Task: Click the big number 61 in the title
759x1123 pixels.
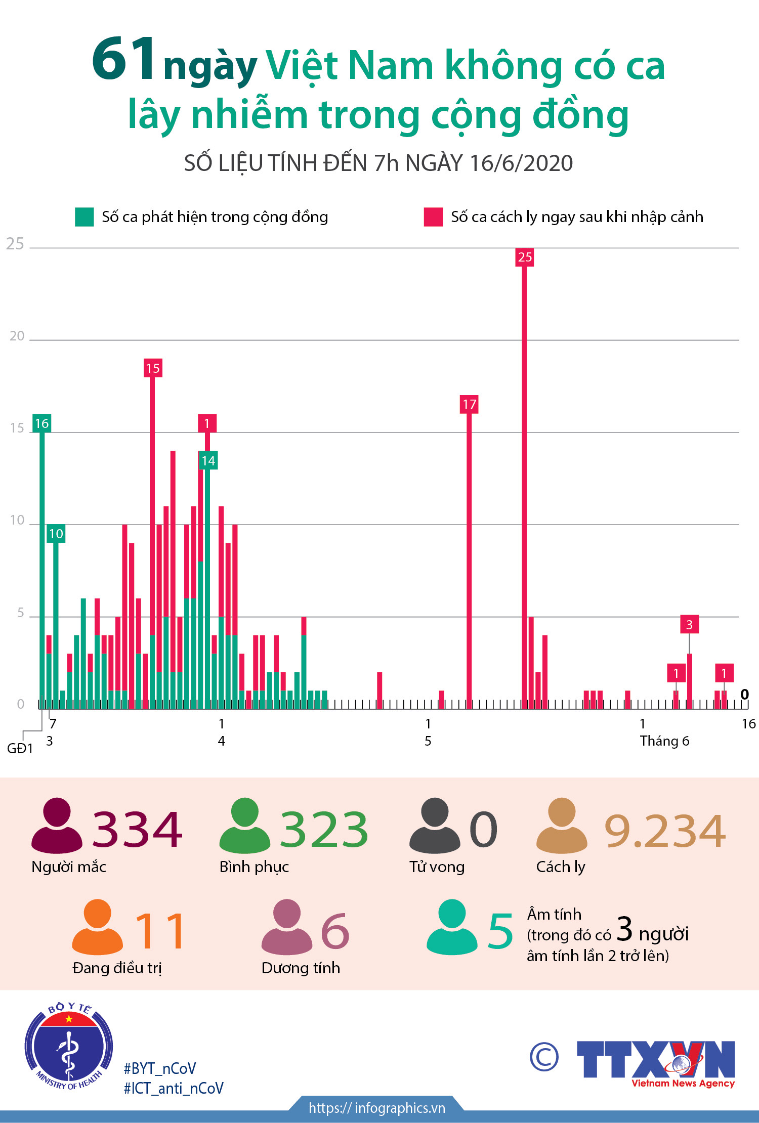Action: point(124,59)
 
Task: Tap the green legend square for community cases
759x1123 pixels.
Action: point(84,217)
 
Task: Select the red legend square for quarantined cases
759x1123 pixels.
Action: point(433,217)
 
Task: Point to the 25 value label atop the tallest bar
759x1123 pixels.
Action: point(525,257)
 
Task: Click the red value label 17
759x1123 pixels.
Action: point(469,404)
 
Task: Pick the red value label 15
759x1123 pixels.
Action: point(152,368)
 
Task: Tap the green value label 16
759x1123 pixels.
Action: point(41,423)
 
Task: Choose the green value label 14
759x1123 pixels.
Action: point(208,461)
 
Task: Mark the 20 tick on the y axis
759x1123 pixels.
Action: point(17,336)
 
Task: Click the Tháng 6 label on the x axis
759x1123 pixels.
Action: point(664,741)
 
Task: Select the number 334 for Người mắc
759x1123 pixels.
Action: point(137,830)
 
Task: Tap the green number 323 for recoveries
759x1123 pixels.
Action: point(324,830)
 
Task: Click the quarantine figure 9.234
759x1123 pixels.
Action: point(665,831)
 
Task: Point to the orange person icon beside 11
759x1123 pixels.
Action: point(97,927)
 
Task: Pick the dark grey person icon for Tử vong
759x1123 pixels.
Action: point(435,826)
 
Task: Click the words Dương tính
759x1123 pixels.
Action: point(301,968)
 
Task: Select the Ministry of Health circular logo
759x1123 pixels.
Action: point(69,1046)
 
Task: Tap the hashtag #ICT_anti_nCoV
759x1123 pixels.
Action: point(174,1089)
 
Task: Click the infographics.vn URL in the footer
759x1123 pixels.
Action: point(377,1108)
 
